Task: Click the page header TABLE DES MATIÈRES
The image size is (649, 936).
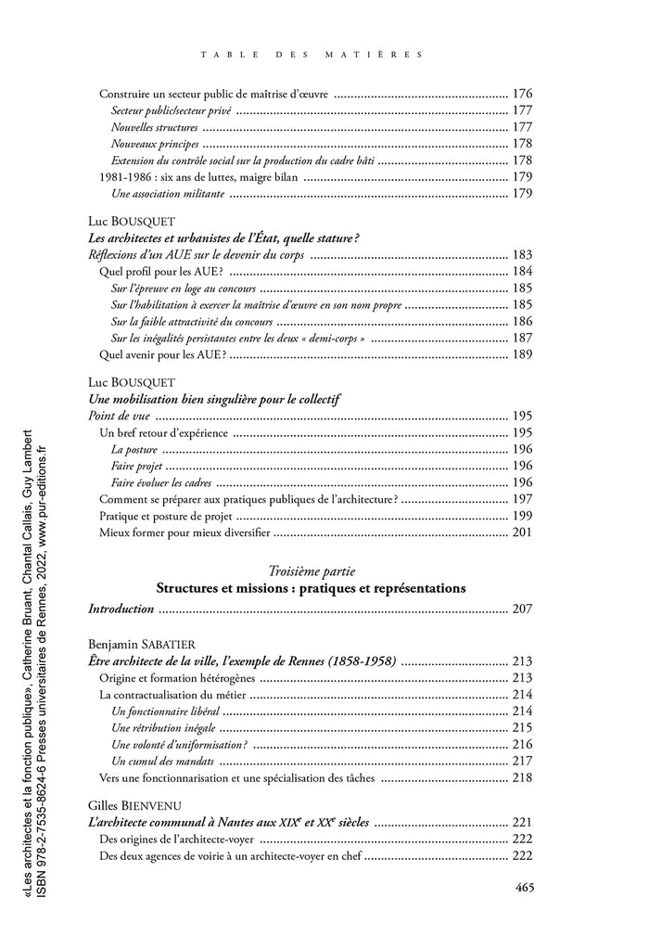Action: click(x=312, y=55)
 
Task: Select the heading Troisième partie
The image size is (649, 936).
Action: click(x=311, y=571)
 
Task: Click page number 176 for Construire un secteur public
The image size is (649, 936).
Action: click(x=522, y=94)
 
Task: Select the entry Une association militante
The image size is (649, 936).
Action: click(x=167, y=194)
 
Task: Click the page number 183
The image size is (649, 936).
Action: click(x=522, y=255)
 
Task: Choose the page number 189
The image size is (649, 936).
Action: click(x=522, y=354)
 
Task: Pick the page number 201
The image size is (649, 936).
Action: click(x=522, y=532)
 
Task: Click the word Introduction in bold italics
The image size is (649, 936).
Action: click(x=121, y=609)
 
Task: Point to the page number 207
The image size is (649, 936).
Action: click(x=522, y=609)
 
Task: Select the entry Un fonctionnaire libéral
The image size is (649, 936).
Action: click(x=165, y=711)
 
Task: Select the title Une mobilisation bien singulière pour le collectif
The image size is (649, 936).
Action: click(x=214, y=399)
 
